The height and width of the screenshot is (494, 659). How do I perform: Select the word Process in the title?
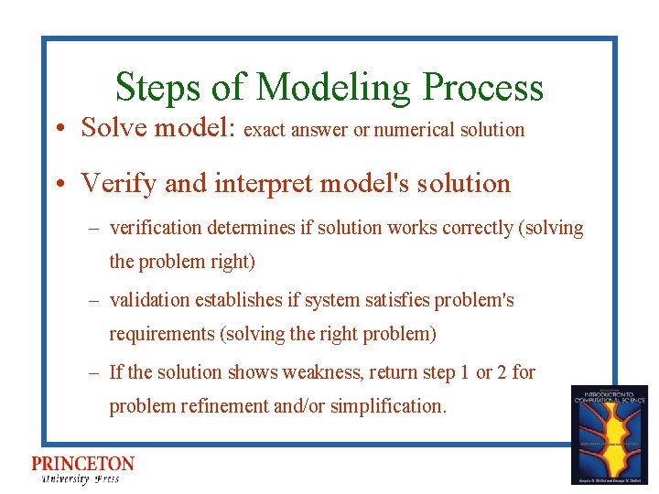(x=482, y=88)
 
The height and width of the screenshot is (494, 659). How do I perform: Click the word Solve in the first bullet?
(x=114, y=127)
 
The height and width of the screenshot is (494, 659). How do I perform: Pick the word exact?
(x=265, y=130)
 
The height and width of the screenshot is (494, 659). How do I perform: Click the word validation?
(x=150, y=300)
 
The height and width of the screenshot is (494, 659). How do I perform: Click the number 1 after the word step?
(x=464, y=372)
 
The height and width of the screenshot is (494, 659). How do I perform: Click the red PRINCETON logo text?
(x=82, y=464)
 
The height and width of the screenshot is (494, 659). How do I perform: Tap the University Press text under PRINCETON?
(x=80, y=478)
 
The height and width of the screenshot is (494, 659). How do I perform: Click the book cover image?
(x=609, y=435)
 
